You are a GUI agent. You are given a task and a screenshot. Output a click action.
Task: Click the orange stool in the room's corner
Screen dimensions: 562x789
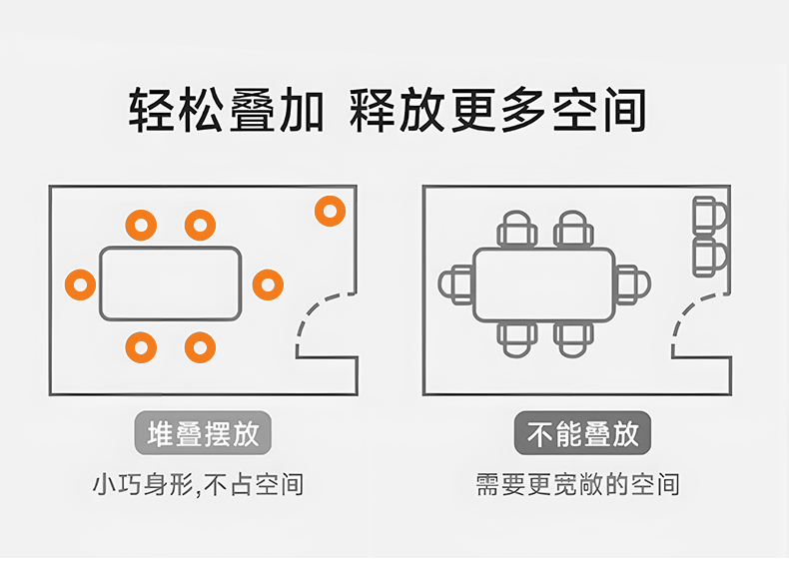(330, 212)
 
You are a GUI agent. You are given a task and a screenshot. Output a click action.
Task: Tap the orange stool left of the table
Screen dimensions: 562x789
(80, 284)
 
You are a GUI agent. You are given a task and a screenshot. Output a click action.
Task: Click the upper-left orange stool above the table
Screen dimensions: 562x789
(141, 225)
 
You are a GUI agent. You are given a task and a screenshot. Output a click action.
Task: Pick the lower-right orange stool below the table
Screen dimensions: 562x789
(200, 347)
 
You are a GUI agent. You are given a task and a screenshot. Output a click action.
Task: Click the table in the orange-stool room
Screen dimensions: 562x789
(170, 284)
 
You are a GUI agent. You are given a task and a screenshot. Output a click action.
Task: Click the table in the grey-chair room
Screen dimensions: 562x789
(543, 284)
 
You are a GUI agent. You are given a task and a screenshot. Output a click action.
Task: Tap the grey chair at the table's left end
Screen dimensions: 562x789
(455, 284)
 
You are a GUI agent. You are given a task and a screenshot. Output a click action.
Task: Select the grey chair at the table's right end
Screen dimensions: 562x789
(632, 284)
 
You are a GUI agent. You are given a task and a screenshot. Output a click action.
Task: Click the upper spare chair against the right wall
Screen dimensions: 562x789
(710, 215)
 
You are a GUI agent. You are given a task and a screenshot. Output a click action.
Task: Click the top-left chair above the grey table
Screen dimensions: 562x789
(517, 230)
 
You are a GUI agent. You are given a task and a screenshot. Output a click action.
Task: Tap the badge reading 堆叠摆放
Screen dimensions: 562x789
(203, 434)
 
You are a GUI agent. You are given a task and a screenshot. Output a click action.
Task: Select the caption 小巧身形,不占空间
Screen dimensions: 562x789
(198, 486)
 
